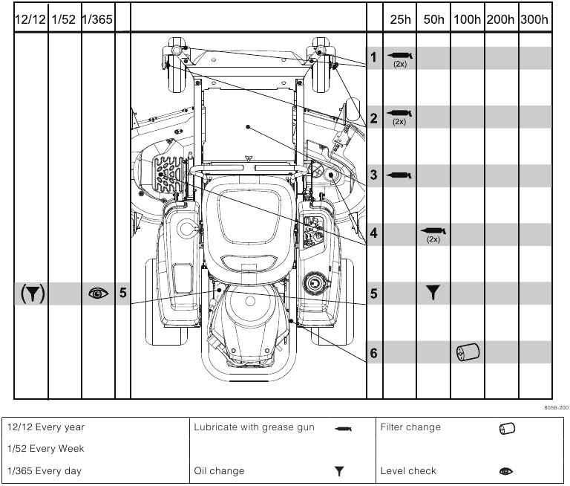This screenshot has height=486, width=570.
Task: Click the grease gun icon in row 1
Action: pyautogui.click(x=400, y=55)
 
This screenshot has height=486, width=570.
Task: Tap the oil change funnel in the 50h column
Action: pyautogui.click(x=433, y=293)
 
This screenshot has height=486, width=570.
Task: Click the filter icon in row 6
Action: pyautogui.click(x=468, y=352)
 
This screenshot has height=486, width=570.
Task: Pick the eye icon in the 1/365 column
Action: pyautogui.click(x=98, y=294)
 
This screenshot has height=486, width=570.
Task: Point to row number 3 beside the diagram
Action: pyautogui.click(x=374, y=175)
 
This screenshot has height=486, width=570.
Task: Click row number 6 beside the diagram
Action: pyautogui.click(x=374, y=353)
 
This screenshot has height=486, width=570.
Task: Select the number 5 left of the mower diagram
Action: pyautogui.click(x=122, y=294)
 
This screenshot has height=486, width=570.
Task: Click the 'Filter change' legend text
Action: pyautogui.click(x=410, y=427)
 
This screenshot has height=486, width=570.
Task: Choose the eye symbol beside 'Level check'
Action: pyautogui.click(x=506, y=471)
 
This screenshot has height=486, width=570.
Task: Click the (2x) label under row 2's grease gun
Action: pyautogui.click(x=399, y=122)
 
